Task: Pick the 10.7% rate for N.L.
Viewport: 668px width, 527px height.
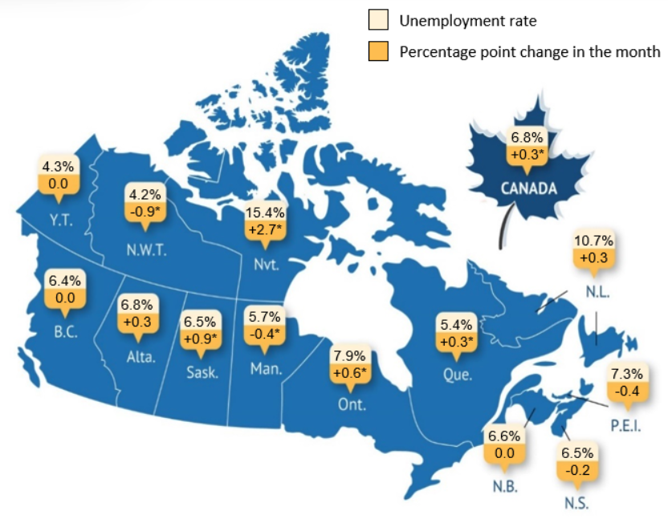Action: [593, 240]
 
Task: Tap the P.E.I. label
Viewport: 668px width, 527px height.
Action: [625, 424]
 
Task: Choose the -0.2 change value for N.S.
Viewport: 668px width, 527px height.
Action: [577, 470]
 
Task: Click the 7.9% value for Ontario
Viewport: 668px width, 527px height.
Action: [350, 355]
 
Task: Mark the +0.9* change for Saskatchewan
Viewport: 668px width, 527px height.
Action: [199, 338]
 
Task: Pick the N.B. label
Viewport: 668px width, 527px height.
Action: [506, 488]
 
